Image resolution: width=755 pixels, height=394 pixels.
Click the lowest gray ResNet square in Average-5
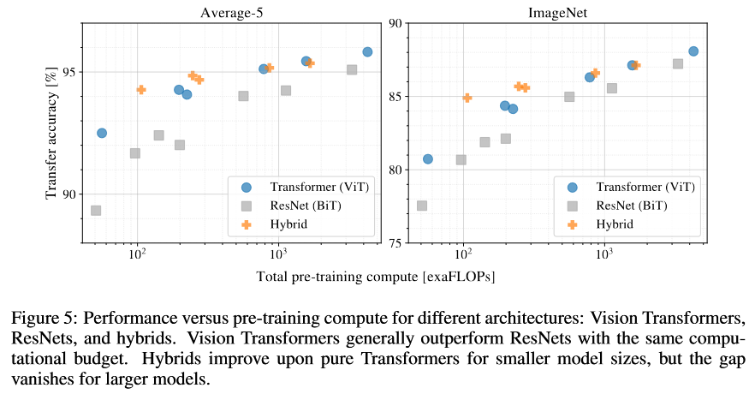click(x=96, y=211)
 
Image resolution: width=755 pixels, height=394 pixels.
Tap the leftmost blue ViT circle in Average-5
click(x=101, y=133)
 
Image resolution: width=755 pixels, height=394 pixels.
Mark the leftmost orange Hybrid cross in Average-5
click(x=141, y=89)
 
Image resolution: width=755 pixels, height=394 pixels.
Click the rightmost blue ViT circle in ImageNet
click(x=693, y=51)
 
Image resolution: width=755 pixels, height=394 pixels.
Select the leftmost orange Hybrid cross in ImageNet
click(x=467, y=98)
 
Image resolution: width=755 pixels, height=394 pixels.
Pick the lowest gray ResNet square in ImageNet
click(x=422, y=206)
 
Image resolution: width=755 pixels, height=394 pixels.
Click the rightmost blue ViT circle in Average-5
click(x=367, y=52)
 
